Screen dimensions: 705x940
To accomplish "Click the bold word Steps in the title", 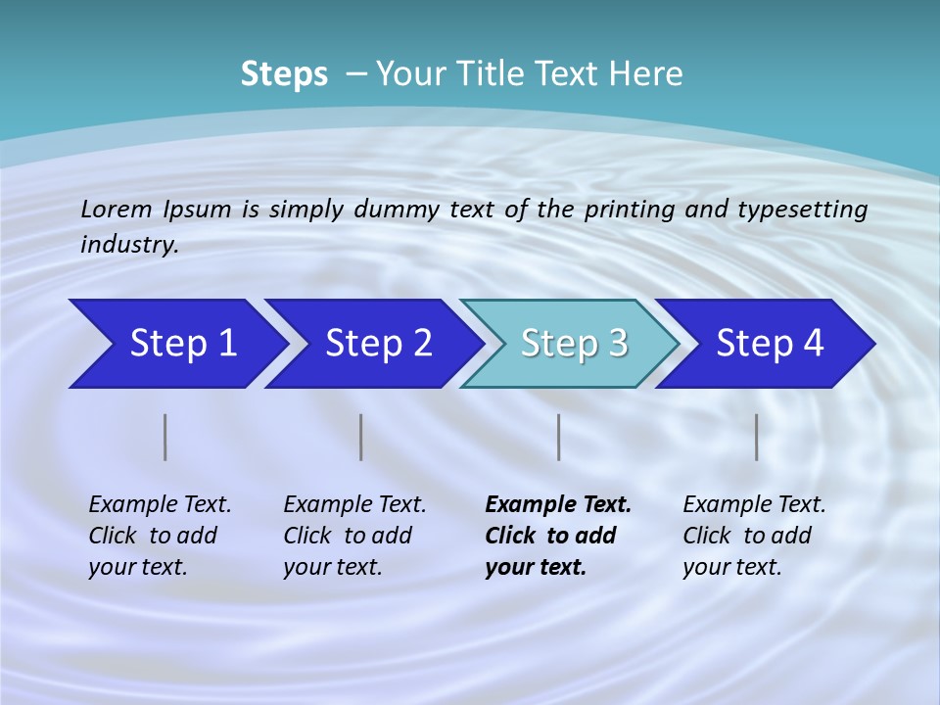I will [x=284, y=73].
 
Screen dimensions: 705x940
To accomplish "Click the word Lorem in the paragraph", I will [x=116, y=209].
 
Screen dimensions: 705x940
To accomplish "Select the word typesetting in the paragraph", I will [x=802, y=209].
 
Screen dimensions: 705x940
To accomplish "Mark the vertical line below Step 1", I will [x=165, y=437].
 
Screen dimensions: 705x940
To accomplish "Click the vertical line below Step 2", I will [x=361, y=437].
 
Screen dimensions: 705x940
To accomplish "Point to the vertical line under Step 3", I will [x=558, y=437].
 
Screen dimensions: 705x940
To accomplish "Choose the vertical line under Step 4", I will [x=756, y=437].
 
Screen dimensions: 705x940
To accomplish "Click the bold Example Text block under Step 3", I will [x=557, y=536].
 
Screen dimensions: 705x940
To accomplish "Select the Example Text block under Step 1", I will [x=160, y=536].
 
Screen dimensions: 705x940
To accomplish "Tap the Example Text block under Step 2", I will [x=354, y=536].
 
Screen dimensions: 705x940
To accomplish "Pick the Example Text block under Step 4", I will [x=754, y=536].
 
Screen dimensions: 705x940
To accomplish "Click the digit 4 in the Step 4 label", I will [x=812, y=344].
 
